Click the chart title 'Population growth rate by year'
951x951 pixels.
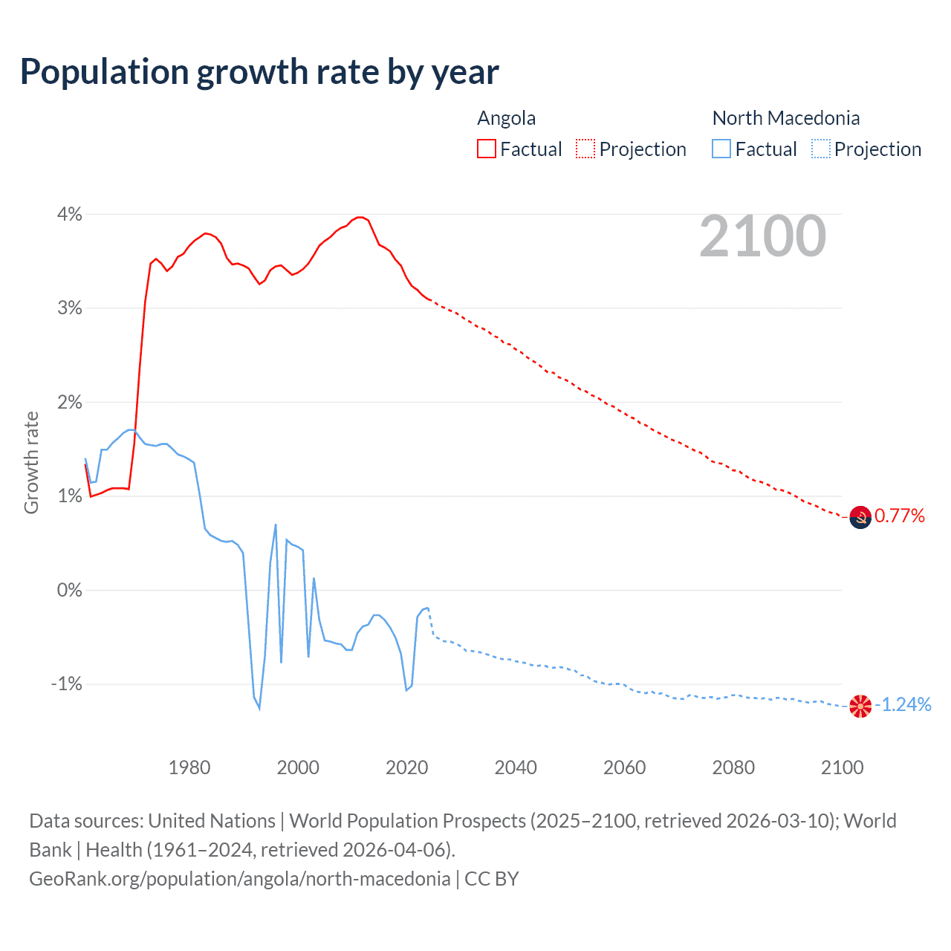pyautogui.click(x=259, y=72)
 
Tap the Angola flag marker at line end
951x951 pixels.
pyautogui.click(x=860, y=516)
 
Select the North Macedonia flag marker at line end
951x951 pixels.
pyautogui.click(x=860, y=705)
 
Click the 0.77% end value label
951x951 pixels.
pyautogui.click(x=900, y=516)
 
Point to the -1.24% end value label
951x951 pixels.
pyautogui.click(x=903, y=704)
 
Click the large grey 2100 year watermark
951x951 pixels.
pyautogui.click(x=762, y=236)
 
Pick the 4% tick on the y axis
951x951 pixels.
pyautogui.click(x=69, y=214)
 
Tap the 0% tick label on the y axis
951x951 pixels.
pyautogui.click(x=69, y=590)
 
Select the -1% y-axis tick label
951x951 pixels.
pyautogui.click(x=66, y=684)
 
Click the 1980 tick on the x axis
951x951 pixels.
pyautogui.click(x=189, y=767)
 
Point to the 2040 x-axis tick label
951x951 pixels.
pyautogui.click(x=516, y=767)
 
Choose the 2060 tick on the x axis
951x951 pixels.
pyautogui.click(x=624, y=767)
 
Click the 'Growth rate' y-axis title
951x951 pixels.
pyautogui.click(x=31, y=462)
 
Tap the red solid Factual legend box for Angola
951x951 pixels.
pyautogui.click(x=487, y=149)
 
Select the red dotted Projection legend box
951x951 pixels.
pyautogui.click(x=585, y=149)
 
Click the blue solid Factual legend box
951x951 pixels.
pyautogui.click(x=721, y=149)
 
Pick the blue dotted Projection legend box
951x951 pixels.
pyautogui.click(x=821, y=149)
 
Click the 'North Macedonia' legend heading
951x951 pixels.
pyautogui.click(x=785, y=118)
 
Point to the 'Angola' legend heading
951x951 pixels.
pyautogui.click(x=506, y=118)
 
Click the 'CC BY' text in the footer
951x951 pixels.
pyautogui.click(x=491, y=879)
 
